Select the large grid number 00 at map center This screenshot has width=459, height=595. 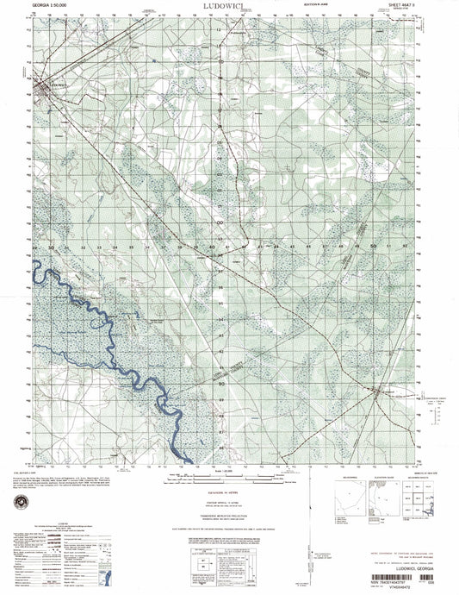point(220,222)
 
